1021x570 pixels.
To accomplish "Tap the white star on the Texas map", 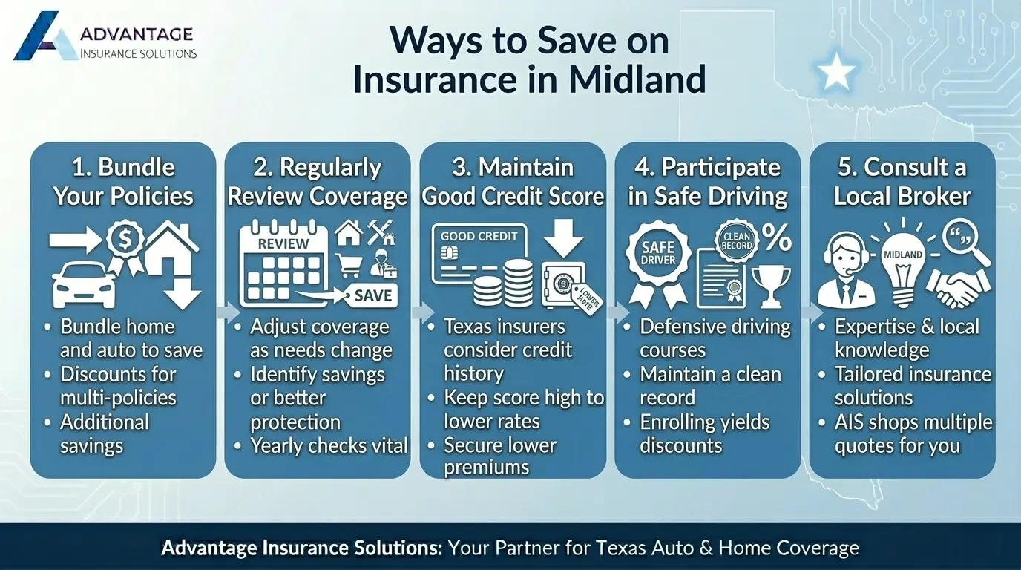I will click(x=836, y=73).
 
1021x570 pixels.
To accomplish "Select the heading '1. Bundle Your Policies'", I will click(x=123, y=182).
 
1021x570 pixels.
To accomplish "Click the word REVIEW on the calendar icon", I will click(x=283, y=243).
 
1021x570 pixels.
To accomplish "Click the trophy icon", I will click(x=771, y=286).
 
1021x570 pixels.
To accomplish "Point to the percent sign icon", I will click(x=777, y=240).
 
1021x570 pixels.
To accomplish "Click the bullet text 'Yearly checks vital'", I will click(x=329, y=445).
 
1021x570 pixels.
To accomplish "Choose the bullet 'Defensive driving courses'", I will click(x=714, y=338).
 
